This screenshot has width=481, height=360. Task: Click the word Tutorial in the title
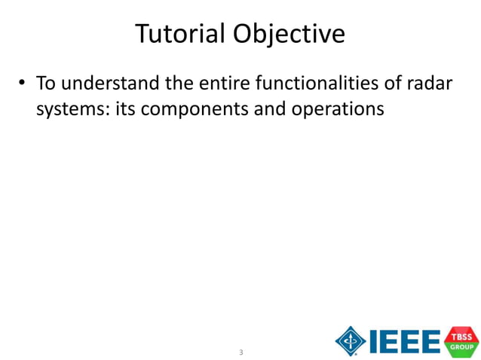point(181,33)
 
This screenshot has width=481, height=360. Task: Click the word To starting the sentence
point(46,82)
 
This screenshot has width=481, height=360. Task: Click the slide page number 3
point(240,352)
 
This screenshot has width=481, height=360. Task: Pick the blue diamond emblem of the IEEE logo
point(351,340)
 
